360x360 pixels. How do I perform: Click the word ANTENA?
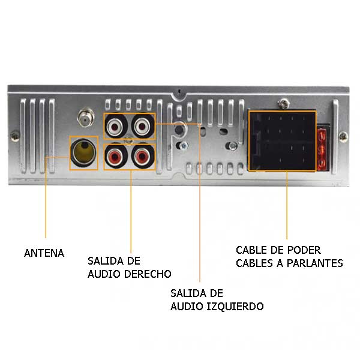pyautogui.click(x=44, y=253)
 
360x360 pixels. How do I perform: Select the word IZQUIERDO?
pyautogui.click(x=235, y=306)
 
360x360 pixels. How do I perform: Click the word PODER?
pyautogui.click(x=304, y=250)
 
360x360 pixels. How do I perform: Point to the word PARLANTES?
pyautogui.click(x=315, y=263)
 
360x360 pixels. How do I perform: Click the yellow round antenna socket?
pyautogui.click(x=84, y=152)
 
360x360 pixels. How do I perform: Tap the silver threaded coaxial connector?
pyautogui.click(x=86, y=118)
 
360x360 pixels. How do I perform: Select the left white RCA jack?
pyautogui.click(x=116, y=126)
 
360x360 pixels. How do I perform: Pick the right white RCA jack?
pyautogui.click(x=143, y=126)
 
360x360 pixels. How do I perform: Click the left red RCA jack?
pyautogui.click(x=116, y=157)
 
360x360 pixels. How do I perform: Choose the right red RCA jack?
pyautogui.click(x=143, y=157)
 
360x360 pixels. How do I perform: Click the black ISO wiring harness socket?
pyautogui.click(x=283, y=141)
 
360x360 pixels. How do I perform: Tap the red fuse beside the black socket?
pyautogui.click(x=323, y=148)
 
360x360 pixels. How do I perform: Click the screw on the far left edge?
pyautogui.click(x=15, y=136)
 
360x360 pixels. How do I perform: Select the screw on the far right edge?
pyautogui.click(x=343, y=137)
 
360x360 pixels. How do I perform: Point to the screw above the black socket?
pyautogui.click(x=284, y=104)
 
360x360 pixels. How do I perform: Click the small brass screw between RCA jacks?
pyautogui.click(x=129, y=141)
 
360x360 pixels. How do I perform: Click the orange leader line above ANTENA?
pyautogui.click(x=46, y=197)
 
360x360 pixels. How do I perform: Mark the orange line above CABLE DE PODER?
pyautogui.click(x=287, y=205)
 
